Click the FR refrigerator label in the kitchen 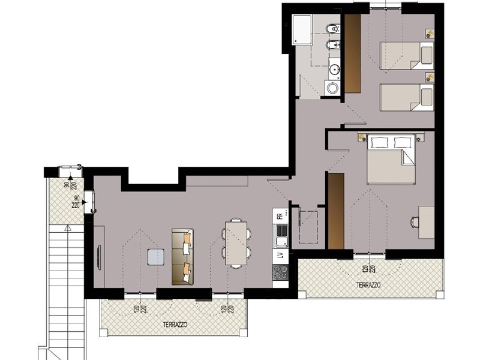280,216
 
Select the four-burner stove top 280,272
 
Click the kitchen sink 281,236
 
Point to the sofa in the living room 183,257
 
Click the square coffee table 155,257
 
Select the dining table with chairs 236,243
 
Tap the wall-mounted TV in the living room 98,257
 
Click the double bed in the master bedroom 391,159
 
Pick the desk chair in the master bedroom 415,222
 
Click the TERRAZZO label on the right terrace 368,285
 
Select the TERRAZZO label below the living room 175,324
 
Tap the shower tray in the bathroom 302,29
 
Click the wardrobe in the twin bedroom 353,53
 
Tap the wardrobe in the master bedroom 336,211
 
